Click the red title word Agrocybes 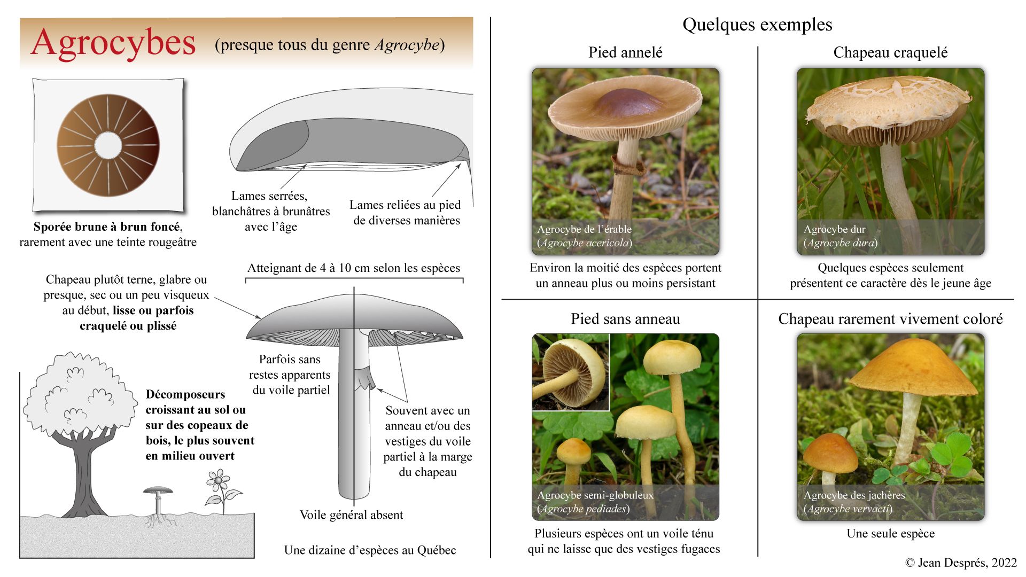click(x=113, y=43)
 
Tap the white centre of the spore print click(x=108, y=145)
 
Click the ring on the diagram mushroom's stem click(x=364, y=377)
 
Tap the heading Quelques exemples click(x=757, y=25)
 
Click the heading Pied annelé click(x=625, y=52)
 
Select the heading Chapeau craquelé click(x=890, y=52)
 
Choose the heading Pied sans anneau click(x=625, y=319)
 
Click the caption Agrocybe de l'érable click(x=584, y=229)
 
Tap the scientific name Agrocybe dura click(x=840, y=243)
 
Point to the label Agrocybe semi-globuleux click(x=595, y=495)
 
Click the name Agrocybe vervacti click(x=848, y=509)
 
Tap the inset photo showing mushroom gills click(x=571, y=372)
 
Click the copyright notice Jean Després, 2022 click(x=961, y=562)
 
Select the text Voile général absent click(x=351, y=515)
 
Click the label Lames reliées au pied click(x=405, y=205)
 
